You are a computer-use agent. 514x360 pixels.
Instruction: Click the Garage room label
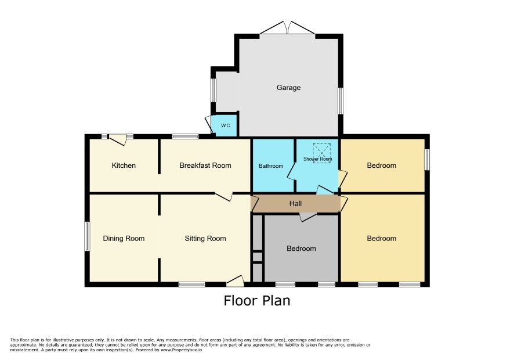(288, 88)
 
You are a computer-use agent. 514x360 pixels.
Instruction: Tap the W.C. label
(226, 125)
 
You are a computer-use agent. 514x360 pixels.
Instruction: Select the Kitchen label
(124, 165)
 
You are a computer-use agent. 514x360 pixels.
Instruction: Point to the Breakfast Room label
(205, 165)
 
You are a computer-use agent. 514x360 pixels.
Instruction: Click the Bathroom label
(271, 166)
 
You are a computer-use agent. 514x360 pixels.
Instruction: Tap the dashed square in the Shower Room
(321, 153)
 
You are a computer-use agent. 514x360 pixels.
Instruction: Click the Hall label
(295, 204)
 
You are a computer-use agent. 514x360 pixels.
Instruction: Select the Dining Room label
(124, 239)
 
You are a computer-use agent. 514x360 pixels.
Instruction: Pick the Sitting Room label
(205, 239)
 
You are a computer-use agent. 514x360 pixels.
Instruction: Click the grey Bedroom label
(301, 249)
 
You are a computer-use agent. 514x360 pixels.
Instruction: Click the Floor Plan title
(257, 301)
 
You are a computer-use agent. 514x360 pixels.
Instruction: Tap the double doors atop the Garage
(288, 27)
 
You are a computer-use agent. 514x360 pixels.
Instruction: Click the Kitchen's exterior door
(118, 140)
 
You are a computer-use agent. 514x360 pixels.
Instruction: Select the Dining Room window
(87, 236)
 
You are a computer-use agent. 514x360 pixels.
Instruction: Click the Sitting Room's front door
(236, 281)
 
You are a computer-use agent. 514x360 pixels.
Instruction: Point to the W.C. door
(209, 124)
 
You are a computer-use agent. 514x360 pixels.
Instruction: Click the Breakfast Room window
(185, 136)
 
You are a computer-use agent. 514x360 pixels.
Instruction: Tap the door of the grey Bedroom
(308, 217)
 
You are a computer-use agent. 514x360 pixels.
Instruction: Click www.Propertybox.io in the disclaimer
(181, 350)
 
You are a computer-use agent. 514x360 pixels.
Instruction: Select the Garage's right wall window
(341, 101)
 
